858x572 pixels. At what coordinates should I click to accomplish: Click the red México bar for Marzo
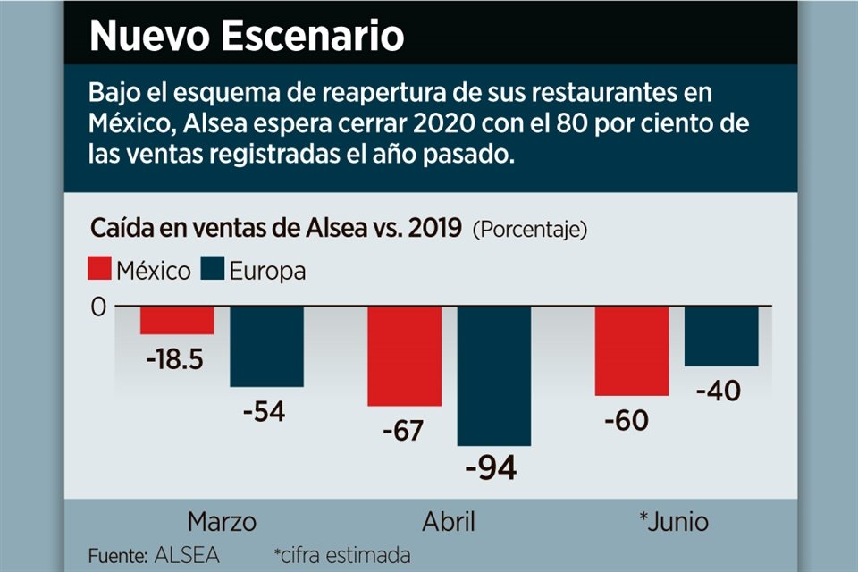click(x=177, y=320)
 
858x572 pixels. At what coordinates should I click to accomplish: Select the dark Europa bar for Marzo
click(x=266, y=347)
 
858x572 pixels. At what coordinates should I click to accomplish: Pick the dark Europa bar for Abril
click(x=493, y=375)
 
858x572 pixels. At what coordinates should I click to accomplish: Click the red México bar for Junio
click(x=632, y=350)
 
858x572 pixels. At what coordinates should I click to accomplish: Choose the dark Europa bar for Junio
click(x=721, y=336)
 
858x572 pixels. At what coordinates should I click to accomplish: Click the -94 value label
click(x=492, y=467)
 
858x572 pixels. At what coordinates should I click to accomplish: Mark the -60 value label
click(x=631, y=418)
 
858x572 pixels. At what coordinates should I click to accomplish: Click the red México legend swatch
click(x=100, y=270)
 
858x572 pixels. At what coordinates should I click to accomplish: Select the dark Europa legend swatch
click(x=213, y=270)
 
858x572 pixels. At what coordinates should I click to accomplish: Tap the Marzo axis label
click(x=222, y=522)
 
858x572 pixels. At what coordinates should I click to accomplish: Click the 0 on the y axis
click(x=97, y=307)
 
